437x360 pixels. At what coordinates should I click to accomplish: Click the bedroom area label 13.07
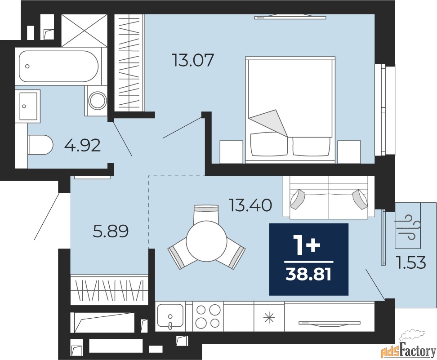tap(193, 60)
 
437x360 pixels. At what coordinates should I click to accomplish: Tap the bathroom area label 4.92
tap(82, 145)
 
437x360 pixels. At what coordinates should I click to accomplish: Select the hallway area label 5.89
tap(111, 231)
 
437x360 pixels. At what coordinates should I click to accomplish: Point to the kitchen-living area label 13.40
tap(250, 205)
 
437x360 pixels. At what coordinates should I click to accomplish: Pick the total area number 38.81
tap(308, 274)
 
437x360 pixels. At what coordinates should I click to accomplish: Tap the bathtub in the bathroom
tap(58, 67)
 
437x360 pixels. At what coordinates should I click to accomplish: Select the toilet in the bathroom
tap(40, 145)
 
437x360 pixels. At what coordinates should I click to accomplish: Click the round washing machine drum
tap(97, 100)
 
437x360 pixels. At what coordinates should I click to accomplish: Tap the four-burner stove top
tap(208, 316)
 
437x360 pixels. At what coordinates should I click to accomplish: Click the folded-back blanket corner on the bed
tap(269, 123)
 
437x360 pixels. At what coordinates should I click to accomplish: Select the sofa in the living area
tap(329, 197)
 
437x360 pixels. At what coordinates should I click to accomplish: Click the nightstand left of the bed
tap(232, 151)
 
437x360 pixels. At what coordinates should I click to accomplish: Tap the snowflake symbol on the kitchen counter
tap(269, 318)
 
